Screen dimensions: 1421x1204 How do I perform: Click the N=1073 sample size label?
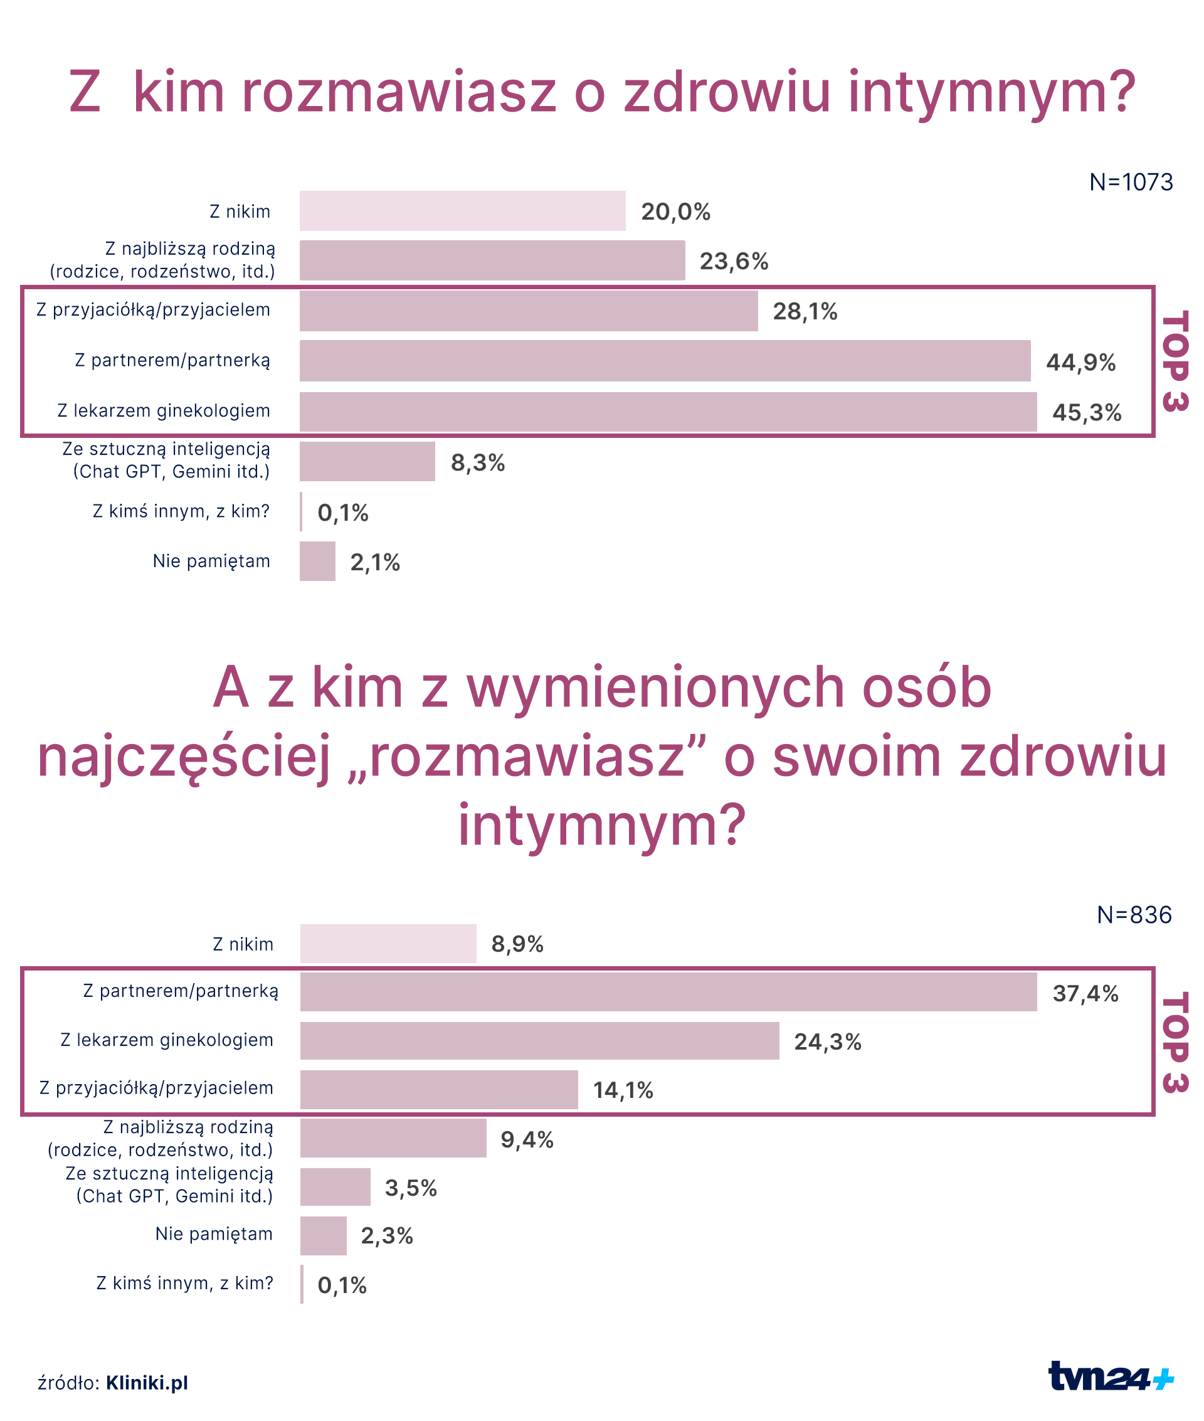pos(1131,183)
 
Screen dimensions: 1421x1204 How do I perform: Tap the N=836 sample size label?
pos(1134,915)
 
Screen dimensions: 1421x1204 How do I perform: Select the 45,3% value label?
pos(1087,412)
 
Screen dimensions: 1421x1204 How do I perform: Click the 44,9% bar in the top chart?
pos(664,361)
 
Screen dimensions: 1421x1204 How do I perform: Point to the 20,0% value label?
pos(675,211)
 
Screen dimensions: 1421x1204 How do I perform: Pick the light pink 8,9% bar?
pos(388,944)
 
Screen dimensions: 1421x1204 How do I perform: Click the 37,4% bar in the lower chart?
pos(668,992)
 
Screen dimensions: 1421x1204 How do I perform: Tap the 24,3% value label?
pos(827,1042)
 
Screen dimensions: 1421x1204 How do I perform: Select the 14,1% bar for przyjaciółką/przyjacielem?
pos(439,1090)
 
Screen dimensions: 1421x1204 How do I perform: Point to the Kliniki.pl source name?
pos(147,1383)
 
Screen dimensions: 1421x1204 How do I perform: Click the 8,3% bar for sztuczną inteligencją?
pos(367,462)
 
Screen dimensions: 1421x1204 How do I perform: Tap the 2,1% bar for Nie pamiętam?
pos(317,561)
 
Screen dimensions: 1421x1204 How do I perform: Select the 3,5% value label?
pos(411,1188)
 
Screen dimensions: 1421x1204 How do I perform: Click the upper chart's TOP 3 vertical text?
pos(1175,361)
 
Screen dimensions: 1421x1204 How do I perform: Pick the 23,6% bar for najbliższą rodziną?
pos(492,260)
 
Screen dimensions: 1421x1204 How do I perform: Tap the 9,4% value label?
pos(527,1140)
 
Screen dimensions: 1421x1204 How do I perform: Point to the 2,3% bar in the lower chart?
pos(324,1236)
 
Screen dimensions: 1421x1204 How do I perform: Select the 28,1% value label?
pos(805,311)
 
